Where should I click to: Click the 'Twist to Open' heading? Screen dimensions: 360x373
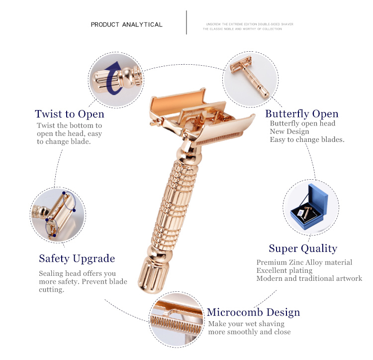pyautogui.click(x=69, y=115)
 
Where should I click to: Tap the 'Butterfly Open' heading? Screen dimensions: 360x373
pyautogui.click(x=301, y=114)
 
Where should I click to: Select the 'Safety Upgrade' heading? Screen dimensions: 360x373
pyautogui.click(x=77, y=258)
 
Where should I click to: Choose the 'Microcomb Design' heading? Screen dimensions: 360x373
pyautogui.click(x=253, y=313)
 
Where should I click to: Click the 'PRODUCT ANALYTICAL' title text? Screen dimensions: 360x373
pyautogui.click(x=126, y=24)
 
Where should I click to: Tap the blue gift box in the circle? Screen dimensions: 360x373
pyautogui.click(x=311, y=204)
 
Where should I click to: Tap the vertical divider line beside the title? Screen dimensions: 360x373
pyautogui.click(x=186, y=22)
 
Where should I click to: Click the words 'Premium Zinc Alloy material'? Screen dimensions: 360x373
pyautogui.click(x=304, y=262)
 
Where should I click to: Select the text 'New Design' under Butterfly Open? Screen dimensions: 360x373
pyautogui.click(x=289, y=131)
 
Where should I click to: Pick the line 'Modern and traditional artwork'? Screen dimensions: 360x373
pyautogui.click(x=309, y=278)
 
